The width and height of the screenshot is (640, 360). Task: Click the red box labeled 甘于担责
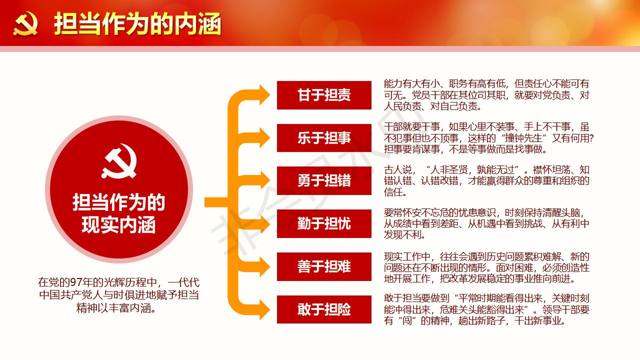click(x=324, y=95)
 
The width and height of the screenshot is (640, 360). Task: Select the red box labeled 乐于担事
click(x=324, y=138)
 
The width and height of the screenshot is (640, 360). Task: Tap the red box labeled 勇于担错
click(x=324, y=181)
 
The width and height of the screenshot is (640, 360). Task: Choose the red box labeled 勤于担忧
click(x=324, y=223)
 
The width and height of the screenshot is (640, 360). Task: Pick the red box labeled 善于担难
click(x=324, y=266)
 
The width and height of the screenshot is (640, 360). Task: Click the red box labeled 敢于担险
click(x=324, y=309)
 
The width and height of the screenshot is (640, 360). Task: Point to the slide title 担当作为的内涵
click(x=137, y=23)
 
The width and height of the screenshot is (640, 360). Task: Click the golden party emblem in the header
click(x=25, y=23)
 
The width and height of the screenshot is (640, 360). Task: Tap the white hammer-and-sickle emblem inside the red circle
click(x=119, y=161)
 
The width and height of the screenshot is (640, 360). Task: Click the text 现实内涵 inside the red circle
click(x=118, y=225)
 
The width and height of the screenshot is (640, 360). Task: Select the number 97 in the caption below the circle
click(x=75, y=282)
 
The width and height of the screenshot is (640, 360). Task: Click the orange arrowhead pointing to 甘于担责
click(x=264, y=95)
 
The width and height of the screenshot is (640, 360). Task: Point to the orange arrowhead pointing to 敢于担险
click(x=264, y=309)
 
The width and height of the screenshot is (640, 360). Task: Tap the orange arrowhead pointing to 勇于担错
click(x=264, y=180)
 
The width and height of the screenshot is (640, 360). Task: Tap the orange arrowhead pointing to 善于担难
click(x=264, y=266)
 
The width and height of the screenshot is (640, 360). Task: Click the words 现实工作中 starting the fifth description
click(x=407, y=256)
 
